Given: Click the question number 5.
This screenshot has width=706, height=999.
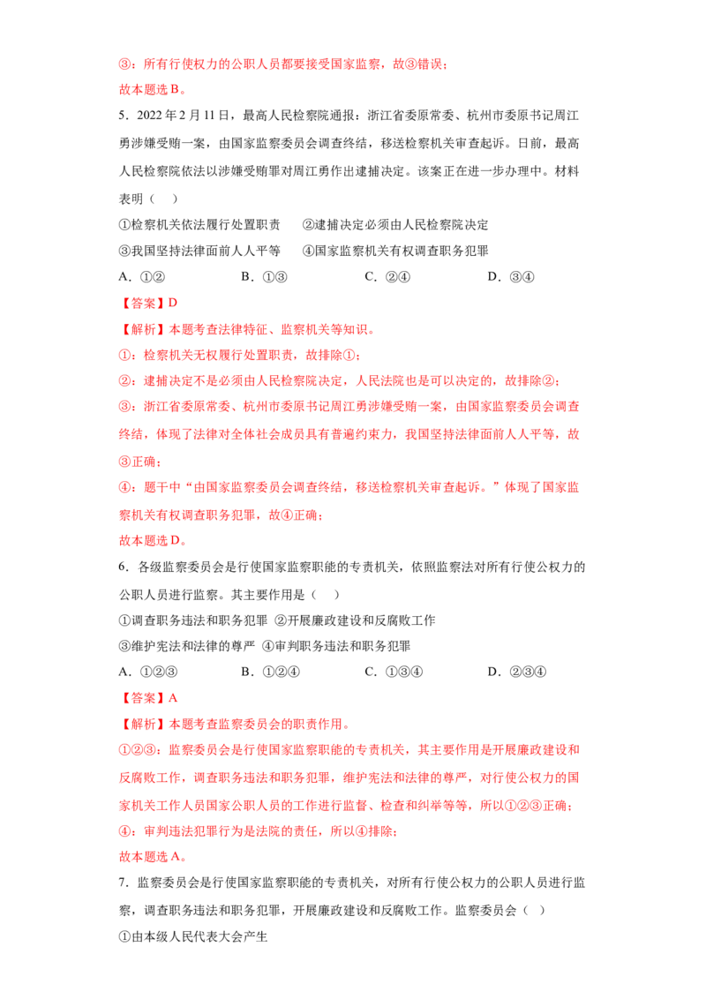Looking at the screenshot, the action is [x=124, y=116].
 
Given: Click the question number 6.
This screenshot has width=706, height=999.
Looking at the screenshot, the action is [x=124, y=567].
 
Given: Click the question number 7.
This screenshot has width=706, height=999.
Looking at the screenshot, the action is [x=124, y=883].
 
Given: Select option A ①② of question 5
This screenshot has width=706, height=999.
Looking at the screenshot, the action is [x=142, y=276].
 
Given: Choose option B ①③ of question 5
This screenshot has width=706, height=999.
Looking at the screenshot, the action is [x=265, y=276].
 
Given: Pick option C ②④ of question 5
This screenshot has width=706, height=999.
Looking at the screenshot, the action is [x=387, y=276].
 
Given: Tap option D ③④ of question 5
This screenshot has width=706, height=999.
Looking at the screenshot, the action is [x=511, y=276].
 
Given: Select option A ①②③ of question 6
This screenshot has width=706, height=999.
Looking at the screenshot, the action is [x=148, y=672].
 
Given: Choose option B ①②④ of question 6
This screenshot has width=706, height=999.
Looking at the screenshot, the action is [x=271, y=672].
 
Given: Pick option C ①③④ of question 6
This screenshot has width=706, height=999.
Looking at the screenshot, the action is [x=394, y=672].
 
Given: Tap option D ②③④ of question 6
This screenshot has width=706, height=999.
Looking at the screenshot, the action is [x=517, y=672].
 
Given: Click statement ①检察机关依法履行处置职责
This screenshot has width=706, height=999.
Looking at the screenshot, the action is [x=199, y=225].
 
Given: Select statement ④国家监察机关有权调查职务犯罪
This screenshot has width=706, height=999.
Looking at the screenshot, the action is [x=395, y=251].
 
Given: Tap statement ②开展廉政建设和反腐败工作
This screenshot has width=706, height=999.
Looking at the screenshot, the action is [x=355, y=620].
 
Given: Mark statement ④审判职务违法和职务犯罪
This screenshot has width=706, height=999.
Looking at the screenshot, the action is [x=336, y=646].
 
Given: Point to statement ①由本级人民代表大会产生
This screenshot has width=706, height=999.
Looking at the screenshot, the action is [x=193, y=936].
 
